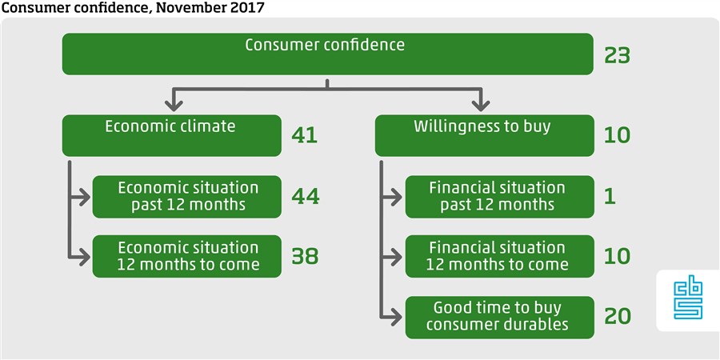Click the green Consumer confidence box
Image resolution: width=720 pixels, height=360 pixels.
(327, 54)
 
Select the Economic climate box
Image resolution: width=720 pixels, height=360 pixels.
(172, 135)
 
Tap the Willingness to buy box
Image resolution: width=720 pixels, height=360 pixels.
(485, 135)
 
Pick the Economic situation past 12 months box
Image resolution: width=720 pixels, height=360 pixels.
(187, 197)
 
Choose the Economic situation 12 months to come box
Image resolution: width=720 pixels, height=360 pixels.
(187, 256)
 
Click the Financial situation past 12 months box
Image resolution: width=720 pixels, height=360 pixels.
(499, 197)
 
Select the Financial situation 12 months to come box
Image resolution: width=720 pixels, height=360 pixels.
(499, 256)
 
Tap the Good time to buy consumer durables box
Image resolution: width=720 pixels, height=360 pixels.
(499, 318)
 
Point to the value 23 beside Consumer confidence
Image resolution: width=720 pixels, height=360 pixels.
(618, 57)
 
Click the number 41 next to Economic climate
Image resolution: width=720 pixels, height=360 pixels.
(305, 135)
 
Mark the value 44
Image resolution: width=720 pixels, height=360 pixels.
(306, 197)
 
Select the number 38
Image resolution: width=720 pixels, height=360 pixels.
(305, 256)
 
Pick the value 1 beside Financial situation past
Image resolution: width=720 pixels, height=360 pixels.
(610, 197)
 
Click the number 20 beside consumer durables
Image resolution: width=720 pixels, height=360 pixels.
(618, 316)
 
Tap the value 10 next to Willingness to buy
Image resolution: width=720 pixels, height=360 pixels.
(618, 135)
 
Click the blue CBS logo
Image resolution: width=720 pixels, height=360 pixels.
(688, 300)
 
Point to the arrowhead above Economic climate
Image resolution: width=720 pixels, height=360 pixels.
(174, 106)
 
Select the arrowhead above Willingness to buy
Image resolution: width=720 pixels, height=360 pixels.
(481, 106)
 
